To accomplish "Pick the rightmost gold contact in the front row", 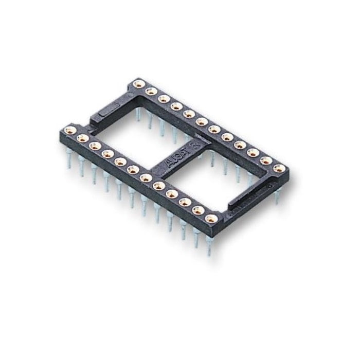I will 210,219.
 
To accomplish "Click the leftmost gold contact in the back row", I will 138,84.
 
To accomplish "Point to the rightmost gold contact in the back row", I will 279,168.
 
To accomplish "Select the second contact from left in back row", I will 151,92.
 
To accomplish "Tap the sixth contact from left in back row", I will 202,121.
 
